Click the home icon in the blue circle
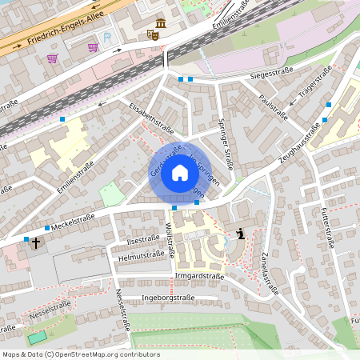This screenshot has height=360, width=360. [180, 172]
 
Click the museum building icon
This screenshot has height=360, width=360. [162, 22]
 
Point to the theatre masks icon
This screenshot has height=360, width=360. [152, 34]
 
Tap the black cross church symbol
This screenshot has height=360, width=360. [35, 240]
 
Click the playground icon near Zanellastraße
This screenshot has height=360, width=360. [240, 234]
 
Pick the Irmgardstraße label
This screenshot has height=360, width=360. [199, 275]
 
